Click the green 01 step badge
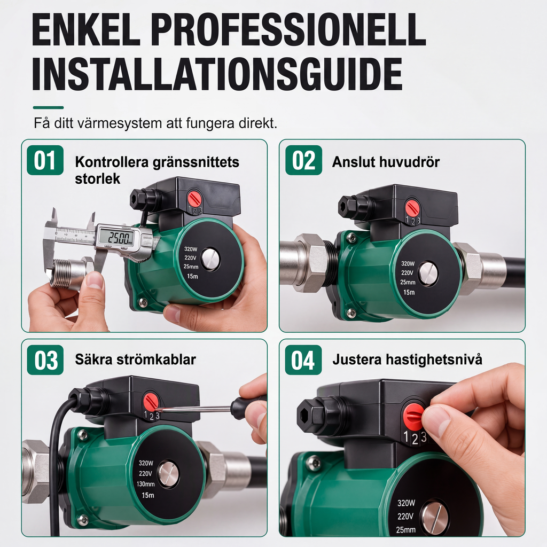coord(45,160)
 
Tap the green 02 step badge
coord(303,160)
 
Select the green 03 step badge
coord(45,360)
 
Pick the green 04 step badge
coord(303,360)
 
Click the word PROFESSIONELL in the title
coord(288,30)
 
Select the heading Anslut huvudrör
coord(386,162)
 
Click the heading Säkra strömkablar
coord(135,360)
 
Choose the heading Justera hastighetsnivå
coord(407,360)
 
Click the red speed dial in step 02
coord(412,208)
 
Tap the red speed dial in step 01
coord(194,198)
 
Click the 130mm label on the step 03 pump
coord(145,484)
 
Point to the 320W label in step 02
coord(408,264)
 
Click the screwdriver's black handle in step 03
coord(248,405)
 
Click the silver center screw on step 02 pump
coord(428,273)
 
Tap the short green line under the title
coord(48,108)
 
